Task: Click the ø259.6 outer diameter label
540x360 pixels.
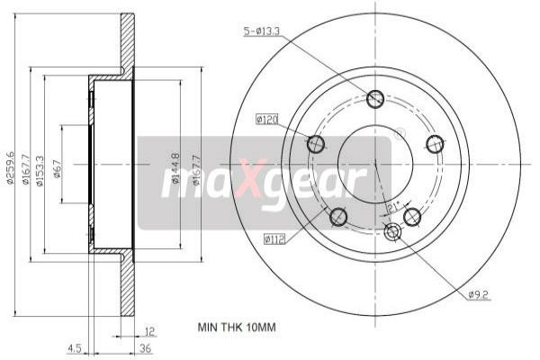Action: point(11,166)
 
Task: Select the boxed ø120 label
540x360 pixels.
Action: point(267,118)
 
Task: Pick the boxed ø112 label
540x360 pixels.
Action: point(275,238)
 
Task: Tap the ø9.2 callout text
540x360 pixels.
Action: point(478,293)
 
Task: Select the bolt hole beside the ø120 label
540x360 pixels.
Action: point(316,144)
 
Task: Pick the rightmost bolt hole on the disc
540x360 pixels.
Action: point(436,143)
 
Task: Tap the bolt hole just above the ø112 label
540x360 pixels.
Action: point(338,217)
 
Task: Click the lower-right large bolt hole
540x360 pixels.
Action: point(413,216)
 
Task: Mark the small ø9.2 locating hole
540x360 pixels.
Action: point(392,233)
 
